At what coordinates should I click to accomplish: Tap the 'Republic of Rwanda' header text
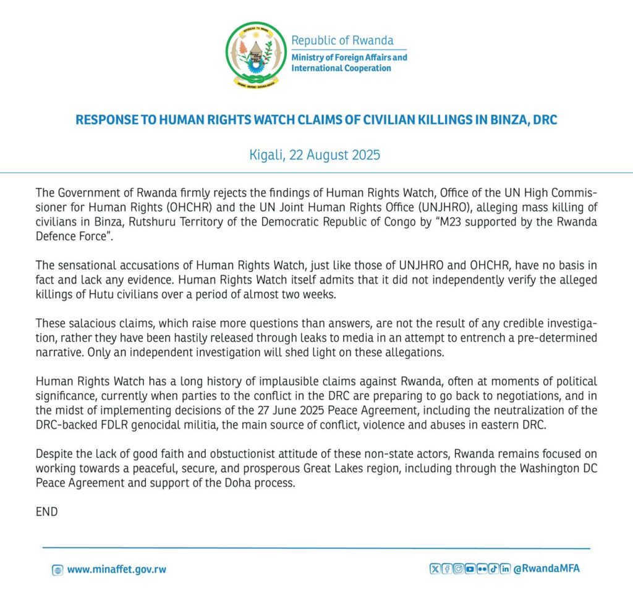(x=342, y=41)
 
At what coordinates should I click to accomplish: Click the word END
(x=46, y=512)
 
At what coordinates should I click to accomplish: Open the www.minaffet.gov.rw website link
(x=116, y=570)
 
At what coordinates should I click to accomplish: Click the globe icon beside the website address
(x=57, y=570)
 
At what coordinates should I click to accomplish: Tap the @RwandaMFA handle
(x=546, y=569)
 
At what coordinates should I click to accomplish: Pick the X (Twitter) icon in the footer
(x=435, y=569)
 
